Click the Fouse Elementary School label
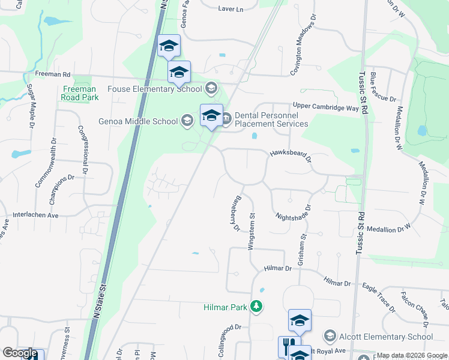pyautogui.click(x=154, y=89)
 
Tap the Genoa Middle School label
pyautogui.click(x=138, y=121)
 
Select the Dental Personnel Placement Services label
pyautogui.click(x=271, y=119)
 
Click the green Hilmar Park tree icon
pyautogui.click(x=257, y=307)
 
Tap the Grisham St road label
pyautogui.click(x=302, y=251)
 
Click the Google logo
pyautogui.click(x=20, y=353)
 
